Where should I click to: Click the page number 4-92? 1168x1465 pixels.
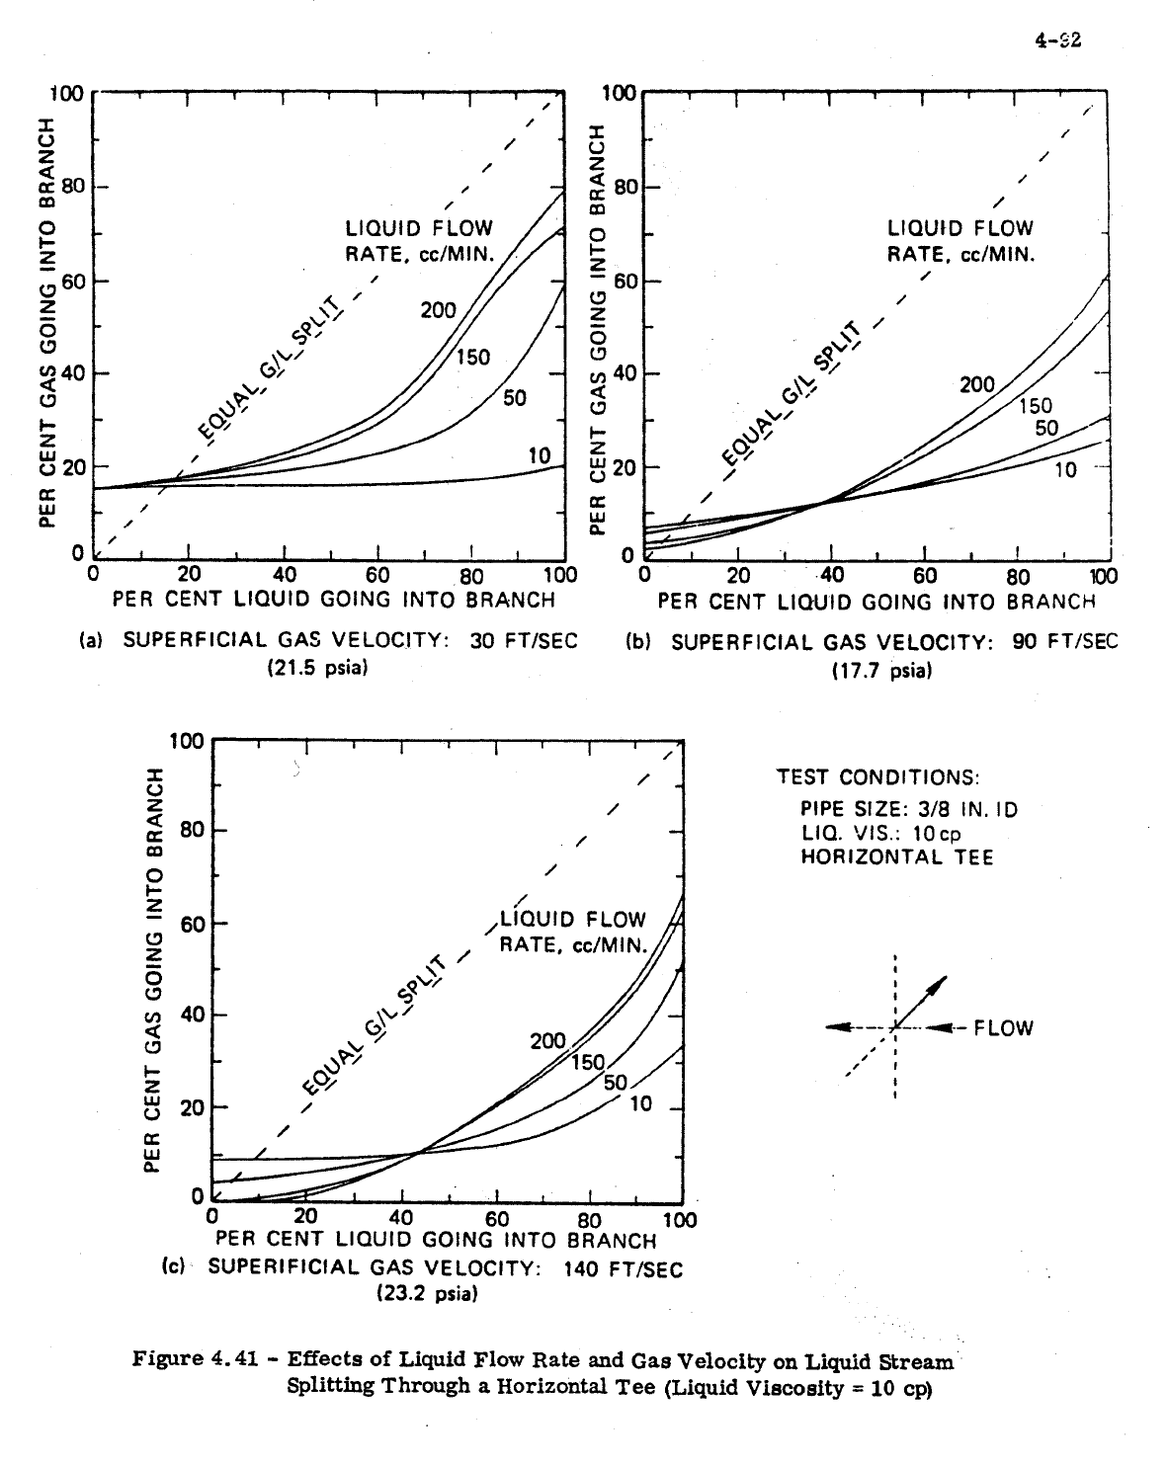pyautogui.click(x=1056, y=41)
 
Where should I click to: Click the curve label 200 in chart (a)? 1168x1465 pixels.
pyautogui.click(x=438, y=310)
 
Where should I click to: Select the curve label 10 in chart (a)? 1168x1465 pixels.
pyautogui.click(x=539, y=455)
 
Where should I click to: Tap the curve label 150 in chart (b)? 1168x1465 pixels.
pyautogui.click(x=1036, y=406)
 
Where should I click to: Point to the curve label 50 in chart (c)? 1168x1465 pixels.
pyautogui.click(x=616, y=1083)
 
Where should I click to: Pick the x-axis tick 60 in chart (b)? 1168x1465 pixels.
pyautogui.click(x=925, y=576)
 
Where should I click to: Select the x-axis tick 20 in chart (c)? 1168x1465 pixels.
pyautogui.click(x=306, y=1216)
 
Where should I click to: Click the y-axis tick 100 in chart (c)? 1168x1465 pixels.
pyautogui.click(x=185, y=741)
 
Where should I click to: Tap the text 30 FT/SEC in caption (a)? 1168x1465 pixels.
pyautogui.click(x=524, y=640)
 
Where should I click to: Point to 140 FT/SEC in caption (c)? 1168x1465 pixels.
pyautogui.click(x=623, y=1268)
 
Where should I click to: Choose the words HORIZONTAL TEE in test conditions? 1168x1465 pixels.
pyautogui.click(x=897, y=856)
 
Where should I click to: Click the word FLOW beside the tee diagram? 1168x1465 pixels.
pyautogui.click(x=1003, y=1028)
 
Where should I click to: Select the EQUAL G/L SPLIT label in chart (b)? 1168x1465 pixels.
pyautogui.click(x=791, y=394)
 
